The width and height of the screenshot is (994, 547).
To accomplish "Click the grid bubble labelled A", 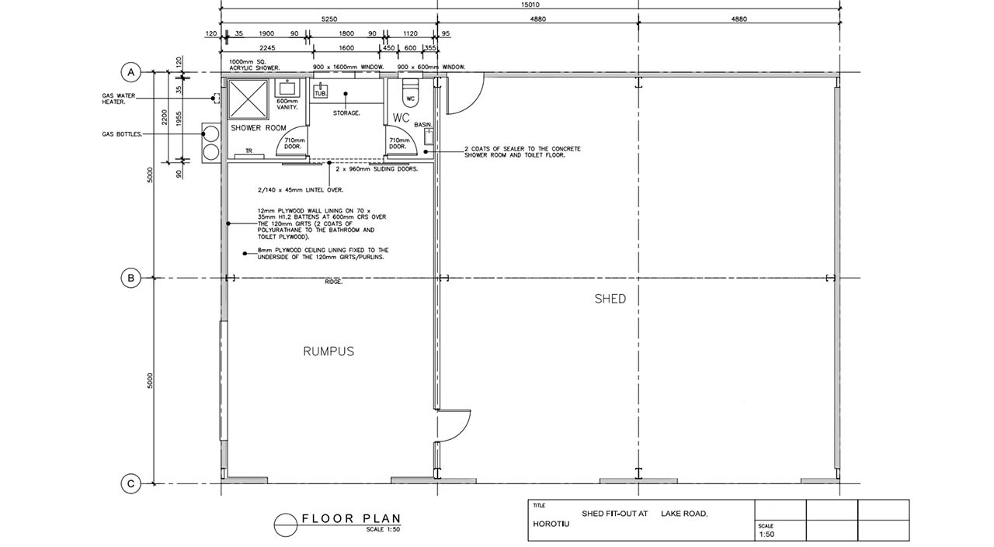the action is (x=131, y=72).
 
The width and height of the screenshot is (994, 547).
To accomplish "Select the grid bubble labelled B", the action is (x=131, y=278).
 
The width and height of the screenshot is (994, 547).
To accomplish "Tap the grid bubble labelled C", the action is (x=131, y=483).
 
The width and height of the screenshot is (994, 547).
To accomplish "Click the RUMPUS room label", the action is (x=328, y=351).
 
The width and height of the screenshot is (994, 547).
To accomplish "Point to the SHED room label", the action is (x=610, y=299).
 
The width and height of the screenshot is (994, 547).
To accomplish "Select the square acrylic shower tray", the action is (x=248, y=99).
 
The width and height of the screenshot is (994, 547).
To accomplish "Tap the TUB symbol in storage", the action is (x=321, y=91).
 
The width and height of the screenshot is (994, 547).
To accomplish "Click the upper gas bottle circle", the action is (x=210, y=133).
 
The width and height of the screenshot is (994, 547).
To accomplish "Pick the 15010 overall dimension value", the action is (x=530, y=5).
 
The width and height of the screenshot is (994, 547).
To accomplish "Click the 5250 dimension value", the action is (x=328, y=19).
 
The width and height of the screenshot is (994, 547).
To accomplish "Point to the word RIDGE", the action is (x=334, y=282).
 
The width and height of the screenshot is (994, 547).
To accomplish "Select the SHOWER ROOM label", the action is (x=259, y=128).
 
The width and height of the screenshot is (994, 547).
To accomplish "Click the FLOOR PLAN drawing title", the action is (x=352, y=518).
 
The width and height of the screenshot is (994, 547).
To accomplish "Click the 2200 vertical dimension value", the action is (x=165, y=117).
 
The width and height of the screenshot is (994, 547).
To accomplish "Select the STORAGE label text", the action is (x=346, y=113).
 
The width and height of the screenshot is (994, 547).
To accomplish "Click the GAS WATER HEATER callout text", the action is (x=119, y=99).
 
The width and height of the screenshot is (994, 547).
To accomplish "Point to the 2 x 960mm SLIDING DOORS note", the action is (x=377, y=169).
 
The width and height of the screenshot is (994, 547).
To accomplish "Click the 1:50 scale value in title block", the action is (x=766, y=534).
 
